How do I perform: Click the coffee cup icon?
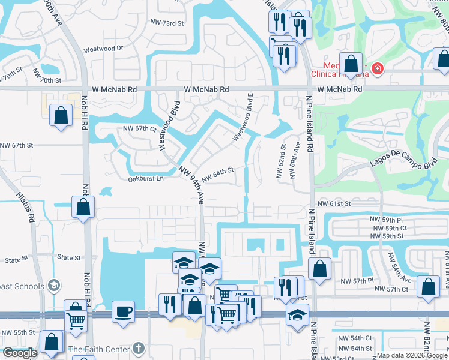tap(124, 311)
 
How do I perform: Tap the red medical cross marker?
tap(377, 68)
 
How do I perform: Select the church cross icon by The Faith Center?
tap(138, 349)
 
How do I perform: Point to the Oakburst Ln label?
tap(146, 178)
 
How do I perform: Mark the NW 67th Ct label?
tap(139, 128)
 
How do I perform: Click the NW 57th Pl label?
tap(357, 281)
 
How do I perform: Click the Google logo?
tap(20, 353)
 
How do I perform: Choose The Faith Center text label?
tap(99, 349)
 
